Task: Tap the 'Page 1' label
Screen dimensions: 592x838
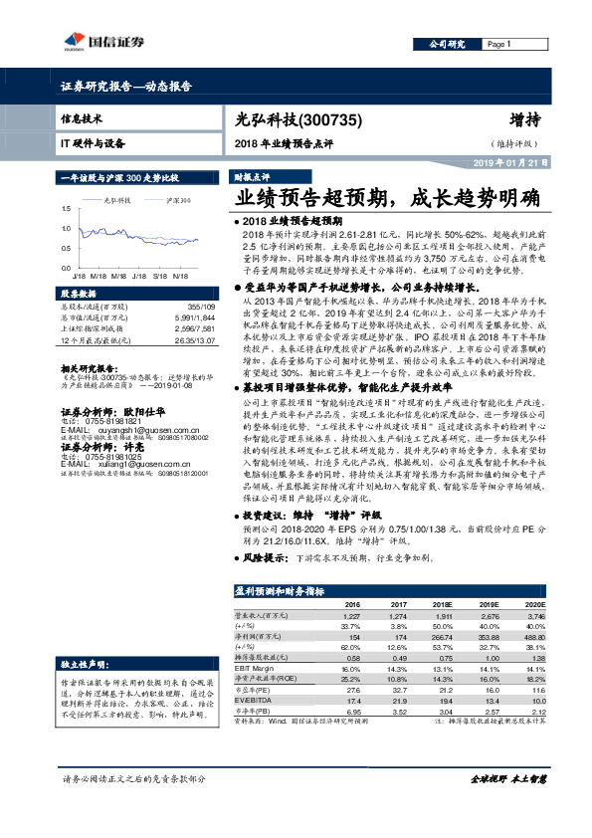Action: click(499, 45)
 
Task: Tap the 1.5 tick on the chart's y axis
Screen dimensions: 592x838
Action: click(65, 208)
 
